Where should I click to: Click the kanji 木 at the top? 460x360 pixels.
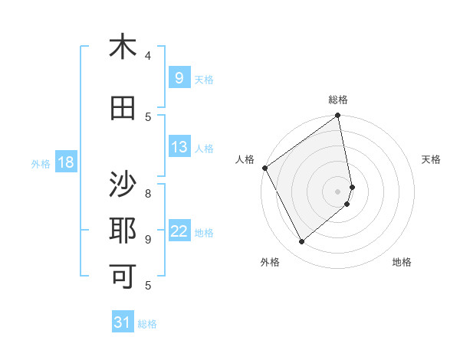(123, 47)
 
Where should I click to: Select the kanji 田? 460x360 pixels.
(123, 108)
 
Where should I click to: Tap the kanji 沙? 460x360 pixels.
(123, 185)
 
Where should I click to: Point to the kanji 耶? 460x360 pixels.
(123, 230)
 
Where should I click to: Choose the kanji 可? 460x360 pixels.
(123, 273)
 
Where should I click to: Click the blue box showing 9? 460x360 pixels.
(179, 77)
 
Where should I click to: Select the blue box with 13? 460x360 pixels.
(179, 147)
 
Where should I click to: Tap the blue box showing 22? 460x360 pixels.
(179, 231)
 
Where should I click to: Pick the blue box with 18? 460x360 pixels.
(65, 162)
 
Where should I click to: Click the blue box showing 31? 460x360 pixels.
(123, 322)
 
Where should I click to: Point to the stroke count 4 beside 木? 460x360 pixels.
(148, 56)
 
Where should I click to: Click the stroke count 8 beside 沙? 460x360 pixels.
(148, 193)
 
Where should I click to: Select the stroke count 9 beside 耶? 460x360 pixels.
(148, 239)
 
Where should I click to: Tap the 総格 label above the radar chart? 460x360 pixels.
(338, 100)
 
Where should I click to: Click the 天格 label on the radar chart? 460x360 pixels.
(431, 159)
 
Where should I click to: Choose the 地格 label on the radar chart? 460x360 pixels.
(402, 262)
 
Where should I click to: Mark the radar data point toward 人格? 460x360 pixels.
(264, 168)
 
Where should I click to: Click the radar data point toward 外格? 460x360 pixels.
(302, 242)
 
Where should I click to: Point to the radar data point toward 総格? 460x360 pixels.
(338, 116)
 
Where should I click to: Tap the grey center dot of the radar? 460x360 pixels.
(338, 191)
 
